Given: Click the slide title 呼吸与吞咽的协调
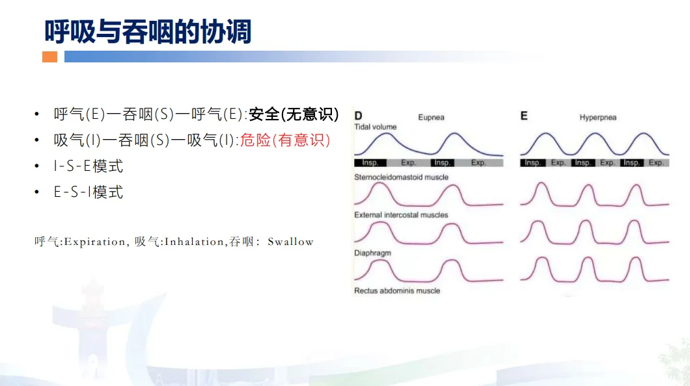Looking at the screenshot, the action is [x=148, y=32].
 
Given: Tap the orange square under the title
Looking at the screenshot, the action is [x=49, y=57].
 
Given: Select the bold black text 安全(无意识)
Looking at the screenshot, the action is [x=294, y=114].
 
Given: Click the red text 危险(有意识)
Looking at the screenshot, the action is [x=285, y=140].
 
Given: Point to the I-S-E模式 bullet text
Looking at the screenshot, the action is [x=88, y=166].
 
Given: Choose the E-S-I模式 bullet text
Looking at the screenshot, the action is [x=88, y=192].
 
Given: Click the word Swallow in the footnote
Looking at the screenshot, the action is [x=290, y=242].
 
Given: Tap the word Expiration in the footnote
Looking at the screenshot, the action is [x=94, y=242].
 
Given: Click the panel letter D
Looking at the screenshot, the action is [x=358, y=116].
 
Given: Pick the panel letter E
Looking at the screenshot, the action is [x=523, y=116].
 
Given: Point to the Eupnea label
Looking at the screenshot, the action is [x=431, y=117].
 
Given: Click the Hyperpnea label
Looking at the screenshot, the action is [x=598, y=118].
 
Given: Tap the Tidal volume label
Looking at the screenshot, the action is [x=376, y=127].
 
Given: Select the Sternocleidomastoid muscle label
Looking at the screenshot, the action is [x=402, y=177].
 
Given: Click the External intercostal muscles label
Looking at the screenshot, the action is [x=401, y=214].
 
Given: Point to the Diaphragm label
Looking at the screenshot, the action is [x=372, y=253].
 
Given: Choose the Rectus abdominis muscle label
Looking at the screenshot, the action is [x=397, y=290].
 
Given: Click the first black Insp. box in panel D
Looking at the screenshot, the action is [x=370, y=163].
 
